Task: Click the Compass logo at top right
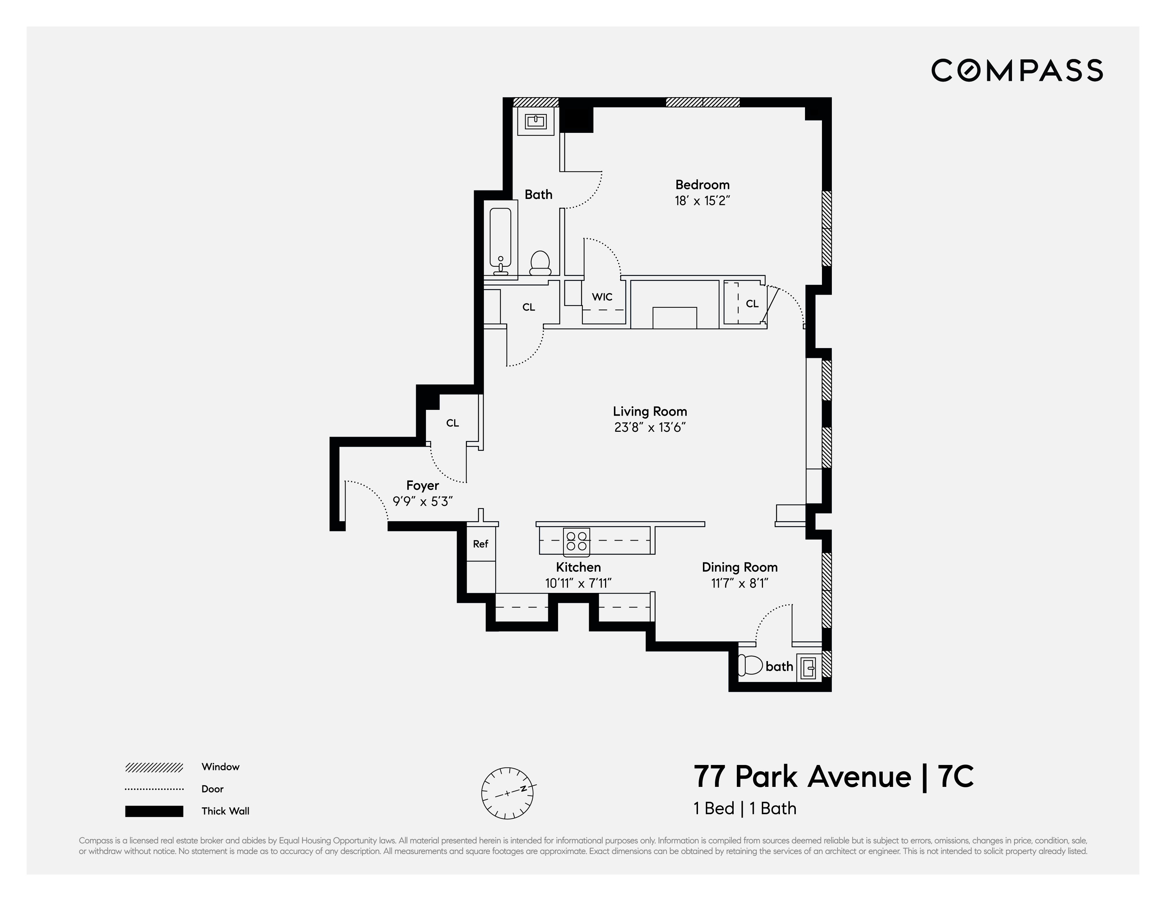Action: (1017, 71)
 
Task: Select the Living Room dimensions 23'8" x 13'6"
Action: (649, 427)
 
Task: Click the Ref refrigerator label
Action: (480, 544)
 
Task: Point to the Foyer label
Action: (422, 485)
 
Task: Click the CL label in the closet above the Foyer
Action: (452, 423)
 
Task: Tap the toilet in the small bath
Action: (750, 665)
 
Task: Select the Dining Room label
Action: (739, 567)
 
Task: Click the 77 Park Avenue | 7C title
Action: (833, 777)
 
